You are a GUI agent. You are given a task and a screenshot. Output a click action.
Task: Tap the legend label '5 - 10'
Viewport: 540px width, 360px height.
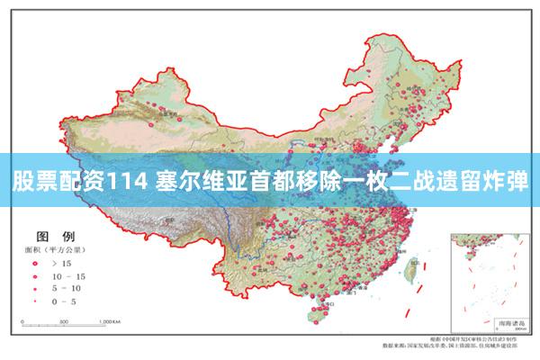coord(68,288)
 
